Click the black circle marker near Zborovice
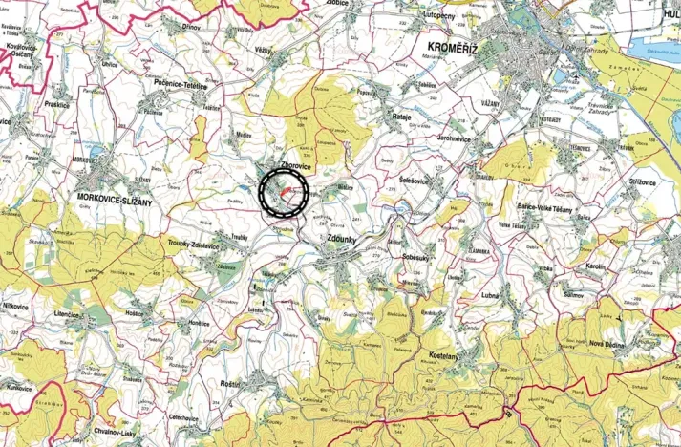coord(285,192)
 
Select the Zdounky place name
coord(345,240)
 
